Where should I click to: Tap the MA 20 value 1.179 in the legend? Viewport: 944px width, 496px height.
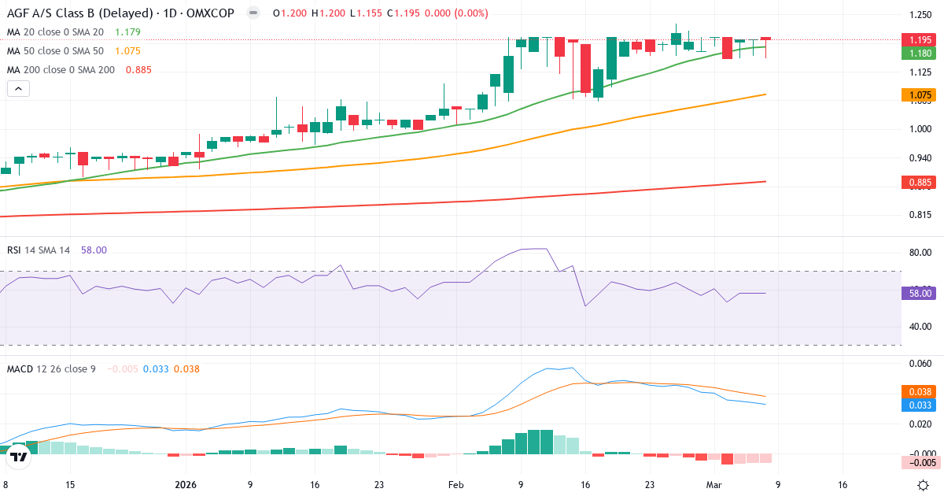point(127,31)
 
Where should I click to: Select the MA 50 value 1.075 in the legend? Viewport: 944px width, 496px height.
point(127,50)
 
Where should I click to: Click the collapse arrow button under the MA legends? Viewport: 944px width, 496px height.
point(18,88)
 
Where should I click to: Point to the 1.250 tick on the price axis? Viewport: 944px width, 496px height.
point(920,15)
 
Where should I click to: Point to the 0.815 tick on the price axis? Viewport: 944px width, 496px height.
point(920,214)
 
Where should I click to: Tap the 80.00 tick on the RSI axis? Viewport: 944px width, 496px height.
point(920,253)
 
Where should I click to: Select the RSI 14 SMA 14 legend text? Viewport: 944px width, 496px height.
point(39,250)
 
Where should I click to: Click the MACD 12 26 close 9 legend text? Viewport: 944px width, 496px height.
point(51,368)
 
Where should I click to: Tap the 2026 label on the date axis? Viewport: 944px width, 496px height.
point(186,485)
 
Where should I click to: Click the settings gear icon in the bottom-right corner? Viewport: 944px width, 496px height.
point(925,485)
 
